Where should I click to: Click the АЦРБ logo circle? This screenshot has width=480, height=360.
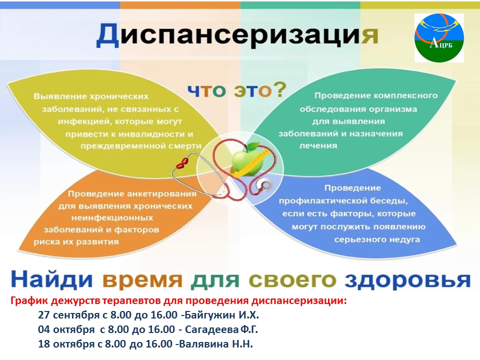pos(439,38)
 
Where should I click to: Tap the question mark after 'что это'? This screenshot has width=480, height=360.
pos(279,89)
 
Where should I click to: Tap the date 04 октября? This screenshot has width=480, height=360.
pos(66,329)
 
